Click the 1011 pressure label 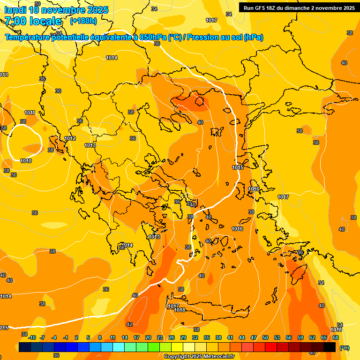click(x=30, y=112)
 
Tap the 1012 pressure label click(x=70, y=138)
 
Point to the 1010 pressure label click(x=26, y=161)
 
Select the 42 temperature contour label click(x=129, y=324)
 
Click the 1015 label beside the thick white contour click(x=238, y=167)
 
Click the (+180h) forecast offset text click(x=83, y=21)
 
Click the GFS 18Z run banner click(x=299, y=7)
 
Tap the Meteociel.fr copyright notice click(x=199, y=356)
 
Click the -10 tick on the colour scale click(x=32, y=337)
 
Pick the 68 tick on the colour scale click(x=336, y=337)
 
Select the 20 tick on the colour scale click(x=148, y=337)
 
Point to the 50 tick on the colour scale click(x=265, y=337)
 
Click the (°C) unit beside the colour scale click(x=345, y=348)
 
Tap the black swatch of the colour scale click(x=330, y=347)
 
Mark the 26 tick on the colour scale click(x=172, y=337)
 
